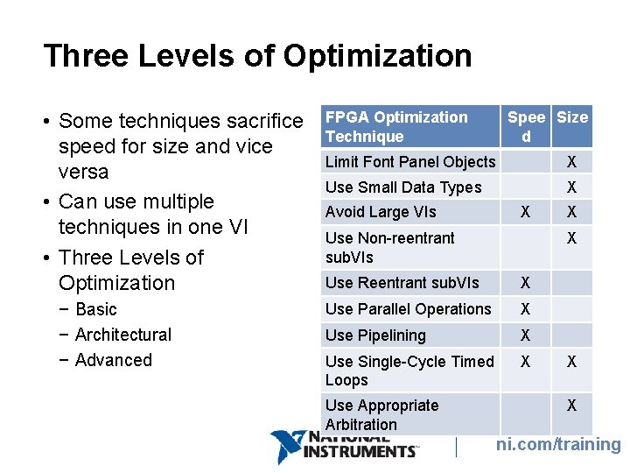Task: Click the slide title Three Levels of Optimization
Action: (x=257, y=56)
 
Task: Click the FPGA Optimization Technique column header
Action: (x=396, y=126)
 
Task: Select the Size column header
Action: (x=572, y=117)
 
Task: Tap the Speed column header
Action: (x=526, y=126)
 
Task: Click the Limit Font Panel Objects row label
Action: (x=410, y=162)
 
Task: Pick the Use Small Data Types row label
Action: (x=403, y=187)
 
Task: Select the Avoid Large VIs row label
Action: (x=381, y=212)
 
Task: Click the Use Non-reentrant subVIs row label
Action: (x=390, y=247)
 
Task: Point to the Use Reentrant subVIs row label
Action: (x=402, y=283)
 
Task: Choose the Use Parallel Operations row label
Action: (x=409, y=309)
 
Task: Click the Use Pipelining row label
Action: (x=375, y=335)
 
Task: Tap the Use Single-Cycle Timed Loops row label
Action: (x=409, y=371)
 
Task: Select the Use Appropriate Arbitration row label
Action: (x=382, y=414)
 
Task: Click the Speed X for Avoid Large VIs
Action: (x=525, y=212)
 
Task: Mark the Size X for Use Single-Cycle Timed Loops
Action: (x=571, y=361)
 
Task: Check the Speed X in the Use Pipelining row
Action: (x=525, y=335)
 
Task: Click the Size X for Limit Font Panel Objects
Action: (x=571, y=162)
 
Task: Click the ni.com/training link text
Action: (x=558, y=445)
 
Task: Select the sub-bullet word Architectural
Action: (x=123, y=335)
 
